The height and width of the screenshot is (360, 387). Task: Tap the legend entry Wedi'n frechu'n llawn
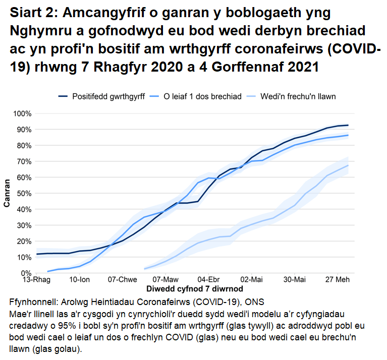pyautogui.click(x=298, y=96)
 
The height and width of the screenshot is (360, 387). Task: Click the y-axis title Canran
pyautogui.click(x=8, y=194)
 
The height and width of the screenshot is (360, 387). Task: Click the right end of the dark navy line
pyautogui.click(x=348, y=125)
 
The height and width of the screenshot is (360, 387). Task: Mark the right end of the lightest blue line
pyautogui.click(x=348, y=165)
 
